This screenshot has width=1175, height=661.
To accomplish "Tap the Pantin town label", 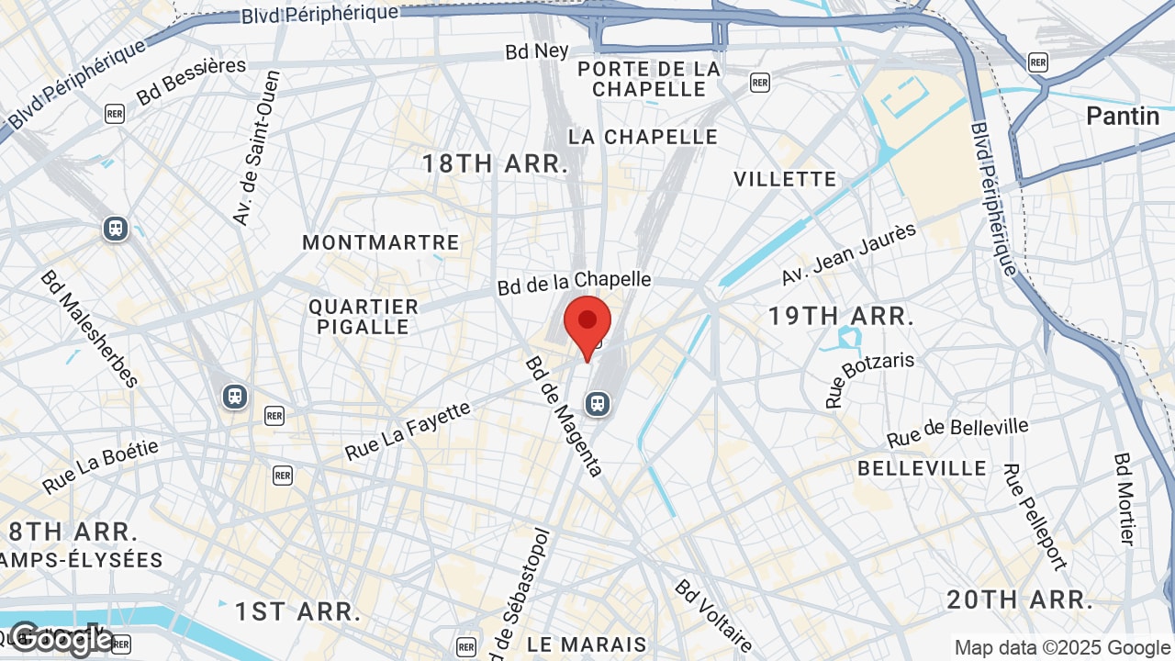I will pyautogui.click(x=1123, y=116).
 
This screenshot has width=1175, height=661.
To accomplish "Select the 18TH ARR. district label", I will pyautogui.click(x=495, y=164).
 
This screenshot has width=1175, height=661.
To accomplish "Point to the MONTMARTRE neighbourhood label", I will pyautogui.click(x=381, y=242).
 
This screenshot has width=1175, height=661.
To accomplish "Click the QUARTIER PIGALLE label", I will pyautogui.click(x=364, y=316).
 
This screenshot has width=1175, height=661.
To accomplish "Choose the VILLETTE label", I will pyautogui.click(x=785, y=179).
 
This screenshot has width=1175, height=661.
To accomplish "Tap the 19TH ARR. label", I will pyautogui.click(x=841, y=317).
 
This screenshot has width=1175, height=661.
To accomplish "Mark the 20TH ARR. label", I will pyautogui.click(x=1020, y=600).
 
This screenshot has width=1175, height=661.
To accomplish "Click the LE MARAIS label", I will pyautogui.click(x=587, y=644).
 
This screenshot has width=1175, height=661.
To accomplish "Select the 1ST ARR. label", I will pyautogui.click(x=297, y=611).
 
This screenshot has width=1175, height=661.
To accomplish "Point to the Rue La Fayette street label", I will pyautogui.click(x=408, y=431).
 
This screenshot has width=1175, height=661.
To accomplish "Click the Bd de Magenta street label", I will pyautogui.click(x=564, y=417).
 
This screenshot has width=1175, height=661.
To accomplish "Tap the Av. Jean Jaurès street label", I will pyautogui.click(x=848, y=253).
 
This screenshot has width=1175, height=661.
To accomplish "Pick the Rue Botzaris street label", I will pyautogui.click(x=869, y=378).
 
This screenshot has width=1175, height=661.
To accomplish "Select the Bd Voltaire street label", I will pyautogui.click(x=714, y=615).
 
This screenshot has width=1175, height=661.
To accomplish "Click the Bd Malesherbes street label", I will pyautogui.click(x=88, y=328).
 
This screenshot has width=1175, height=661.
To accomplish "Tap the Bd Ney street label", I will pyautogui.click(x=537, y=51).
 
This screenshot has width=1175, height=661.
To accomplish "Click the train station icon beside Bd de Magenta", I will pyautogui.click(x=598, y=403).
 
